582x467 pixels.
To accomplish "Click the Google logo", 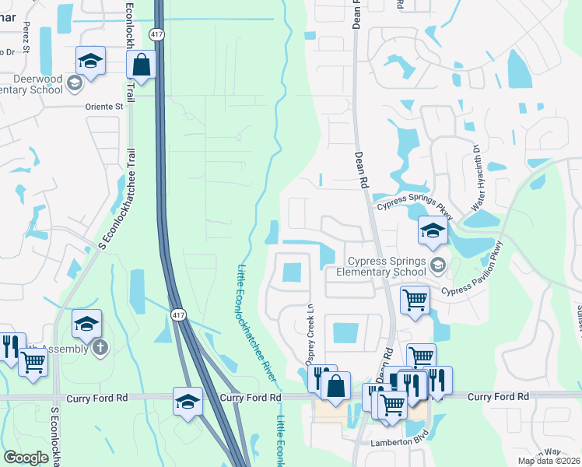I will pyautogui.click(x=26, y=458).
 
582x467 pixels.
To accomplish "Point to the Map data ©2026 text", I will pyautogui.click(x=549, y=461).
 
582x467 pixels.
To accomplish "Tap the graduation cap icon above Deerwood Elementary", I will pyautogui.click(x=90, y=61).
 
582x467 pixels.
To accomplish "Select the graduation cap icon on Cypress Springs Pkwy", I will pyautogui.click(x=433, y=230).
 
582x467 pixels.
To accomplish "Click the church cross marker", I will pyautogui.click(x=100, y=348).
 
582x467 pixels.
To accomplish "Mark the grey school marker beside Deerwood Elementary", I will pyautogui.click(x=75, y=83).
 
